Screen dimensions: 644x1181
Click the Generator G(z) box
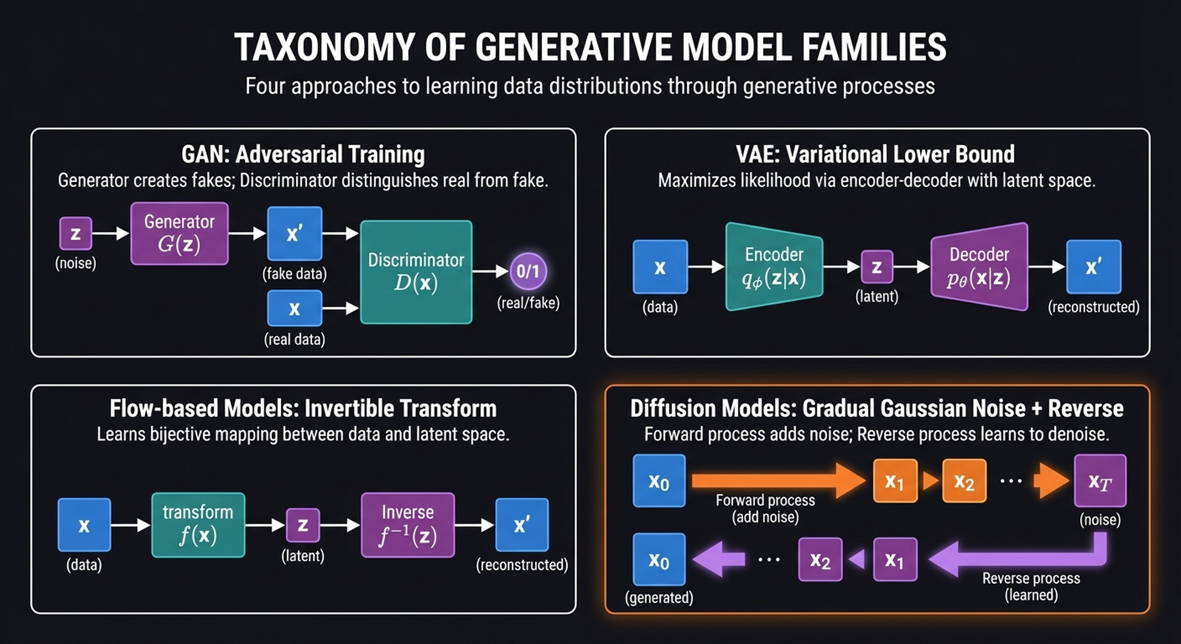[x=179, y=234]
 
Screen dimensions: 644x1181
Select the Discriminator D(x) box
[x=416, y=272]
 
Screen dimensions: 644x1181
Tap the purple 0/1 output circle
[x=528, y=271]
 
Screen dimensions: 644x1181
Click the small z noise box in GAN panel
[x=76, y=234]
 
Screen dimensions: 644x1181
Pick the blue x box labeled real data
[x=294, y=308]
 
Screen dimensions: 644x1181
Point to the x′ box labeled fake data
[x=294, y=234]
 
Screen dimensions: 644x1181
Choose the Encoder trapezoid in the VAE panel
[x=773, y=266]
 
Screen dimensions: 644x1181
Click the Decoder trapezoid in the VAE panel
[x=979, y=266]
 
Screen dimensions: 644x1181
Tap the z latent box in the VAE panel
[x=877, y=267]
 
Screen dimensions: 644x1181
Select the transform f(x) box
[x=198, y=525]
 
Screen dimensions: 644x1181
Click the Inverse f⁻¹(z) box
[x=408, y=525]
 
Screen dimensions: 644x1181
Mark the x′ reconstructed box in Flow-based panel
[x=521, y=525]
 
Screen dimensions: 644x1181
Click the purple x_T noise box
[x=1100, y=481]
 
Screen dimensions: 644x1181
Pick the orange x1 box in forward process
[x=894, y=481]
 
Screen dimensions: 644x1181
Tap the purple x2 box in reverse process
[x=819, y=559]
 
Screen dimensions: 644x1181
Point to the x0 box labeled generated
[x=659, y=559]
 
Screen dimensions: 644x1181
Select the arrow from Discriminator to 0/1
[x=490, y=271]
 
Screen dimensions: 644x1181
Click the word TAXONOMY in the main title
[x=324, y=47]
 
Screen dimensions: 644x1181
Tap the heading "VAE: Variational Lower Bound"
[x=875, y=155]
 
